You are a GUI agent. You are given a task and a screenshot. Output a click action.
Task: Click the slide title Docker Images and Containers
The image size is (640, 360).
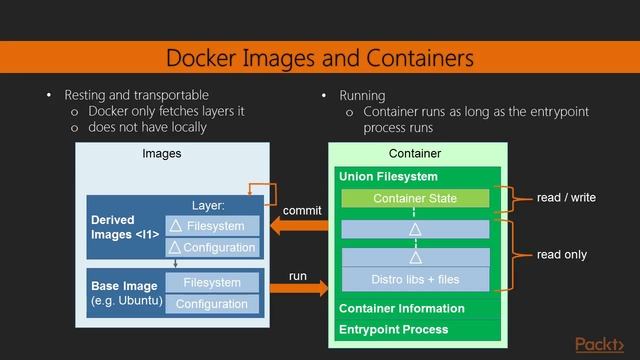point(319,56)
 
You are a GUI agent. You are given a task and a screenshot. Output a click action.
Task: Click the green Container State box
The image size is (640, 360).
point(415,198)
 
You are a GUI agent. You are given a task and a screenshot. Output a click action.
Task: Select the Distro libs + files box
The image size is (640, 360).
point(415,279)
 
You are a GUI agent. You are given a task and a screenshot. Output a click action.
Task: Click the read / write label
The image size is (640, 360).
point(566,198)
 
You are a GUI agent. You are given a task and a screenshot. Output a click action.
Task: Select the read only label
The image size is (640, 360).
point(562,255)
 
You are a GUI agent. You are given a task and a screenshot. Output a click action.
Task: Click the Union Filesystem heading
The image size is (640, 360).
point(388,177)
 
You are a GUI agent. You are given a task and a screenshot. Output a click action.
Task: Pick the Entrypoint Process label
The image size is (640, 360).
point(393,329)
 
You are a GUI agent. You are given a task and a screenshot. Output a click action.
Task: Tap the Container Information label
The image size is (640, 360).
point(401,308)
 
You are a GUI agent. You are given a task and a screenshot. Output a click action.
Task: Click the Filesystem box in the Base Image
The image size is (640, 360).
point(212,283)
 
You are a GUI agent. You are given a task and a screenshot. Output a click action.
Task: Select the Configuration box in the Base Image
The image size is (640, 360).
point(212,304)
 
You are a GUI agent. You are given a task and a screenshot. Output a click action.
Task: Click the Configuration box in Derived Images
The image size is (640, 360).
point(212,247)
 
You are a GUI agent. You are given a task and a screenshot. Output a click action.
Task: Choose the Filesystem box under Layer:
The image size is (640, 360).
point(212,226)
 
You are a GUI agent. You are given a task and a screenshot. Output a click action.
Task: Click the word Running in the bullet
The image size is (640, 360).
point(362,96)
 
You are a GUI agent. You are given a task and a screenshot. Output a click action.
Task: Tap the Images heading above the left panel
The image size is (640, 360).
point(162,154)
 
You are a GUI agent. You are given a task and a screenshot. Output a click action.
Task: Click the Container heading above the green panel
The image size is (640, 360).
point(414,154)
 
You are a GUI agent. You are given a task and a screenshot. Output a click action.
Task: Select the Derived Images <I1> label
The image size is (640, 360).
point(118,227)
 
